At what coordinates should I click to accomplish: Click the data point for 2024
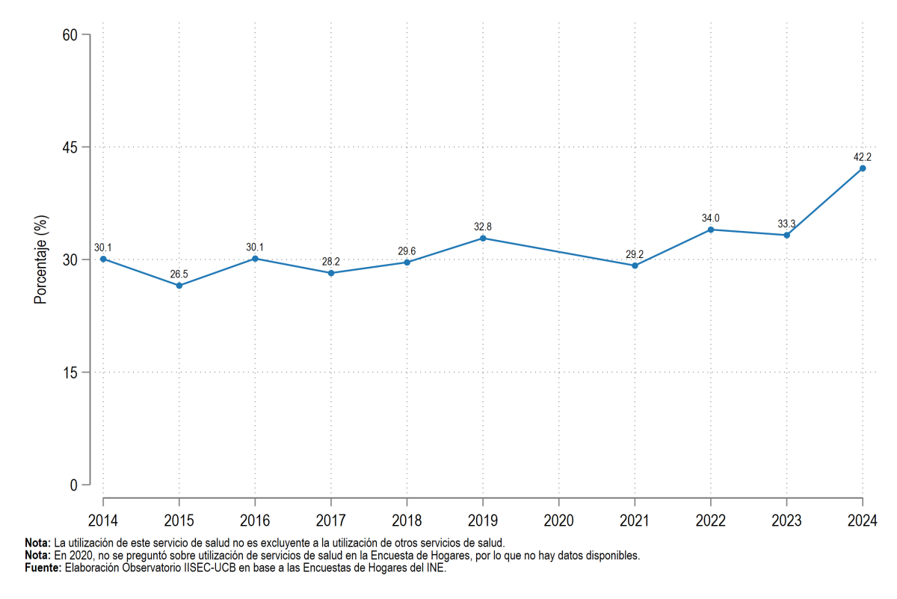[863, 168]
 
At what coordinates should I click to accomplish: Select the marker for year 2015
[179, 286]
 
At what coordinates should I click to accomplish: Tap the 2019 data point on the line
[483, 239]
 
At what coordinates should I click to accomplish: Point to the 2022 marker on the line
[711, 230]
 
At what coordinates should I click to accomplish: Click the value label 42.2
[862, 156]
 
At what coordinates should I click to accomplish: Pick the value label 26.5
[179, 274]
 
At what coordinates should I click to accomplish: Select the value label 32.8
[483, 227]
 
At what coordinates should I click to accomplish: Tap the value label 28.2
[330, 262]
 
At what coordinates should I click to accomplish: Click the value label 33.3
[786, 224]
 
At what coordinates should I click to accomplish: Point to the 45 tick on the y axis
[70, 147]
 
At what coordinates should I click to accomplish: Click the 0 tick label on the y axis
[74, 485]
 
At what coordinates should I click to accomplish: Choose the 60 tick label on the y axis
[70, 35]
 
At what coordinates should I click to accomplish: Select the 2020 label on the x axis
[558, 520]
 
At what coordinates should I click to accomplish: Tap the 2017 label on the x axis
[330, 520]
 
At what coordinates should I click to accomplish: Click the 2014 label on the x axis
[103, 520]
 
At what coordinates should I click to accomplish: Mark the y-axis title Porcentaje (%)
[40, 259]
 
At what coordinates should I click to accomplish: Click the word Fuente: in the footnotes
[43, 568]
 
